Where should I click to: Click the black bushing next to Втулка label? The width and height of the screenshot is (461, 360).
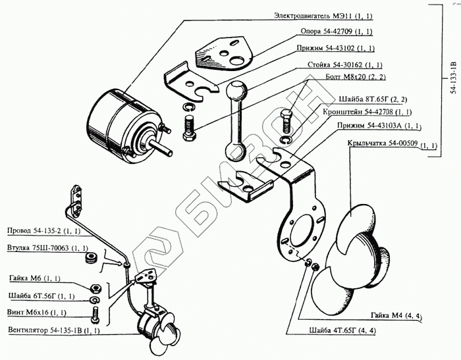pyautogui.click(x=92, y=257)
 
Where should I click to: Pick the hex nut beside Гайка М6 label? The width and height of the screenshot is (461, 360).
pyautogui.click(x=94, y=288)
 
